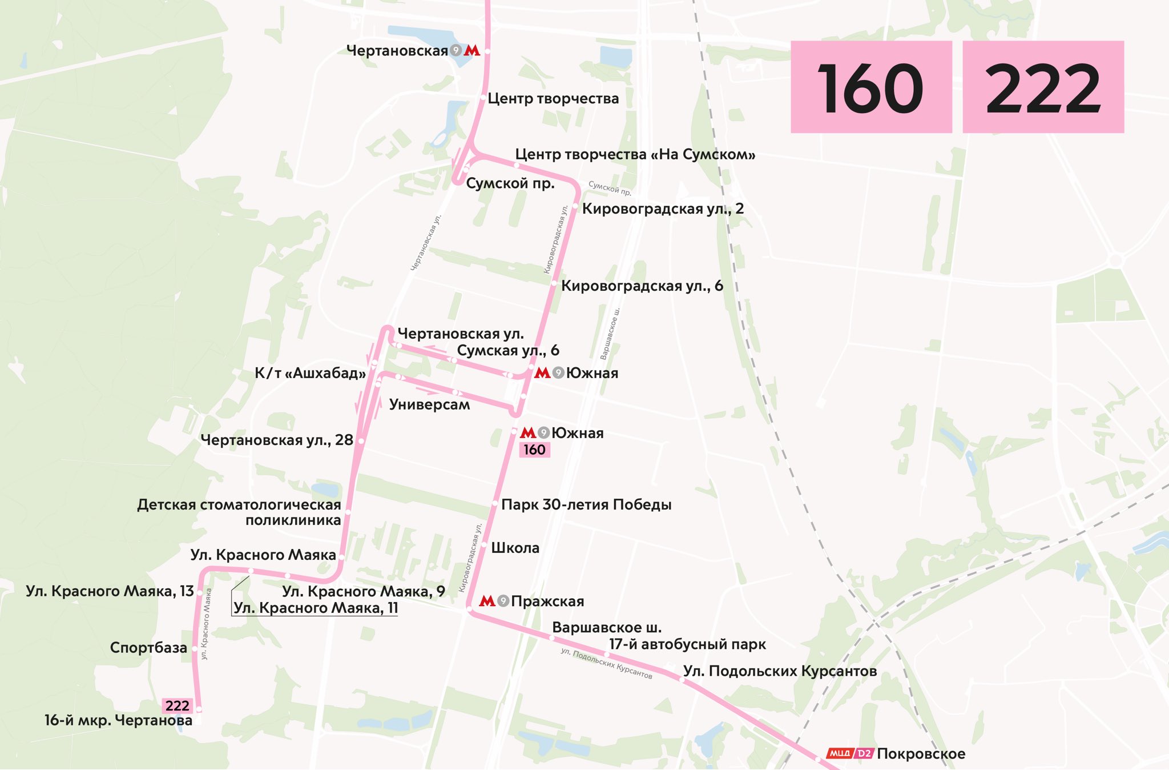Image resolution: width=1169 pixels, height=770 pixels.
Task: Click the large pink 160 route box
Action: pos(870,87)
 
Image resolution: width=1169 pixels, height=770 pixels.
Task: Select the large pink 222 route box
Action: pos(1043,87)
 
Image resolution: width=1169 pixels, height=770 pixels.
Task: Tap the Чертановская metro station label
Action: pos(397,51)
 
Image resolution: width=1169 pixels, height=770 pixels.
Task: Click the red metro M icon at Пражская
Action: pos(487,601)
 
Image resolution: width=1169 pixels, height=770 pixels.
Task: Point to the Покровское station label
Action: pos(921,754)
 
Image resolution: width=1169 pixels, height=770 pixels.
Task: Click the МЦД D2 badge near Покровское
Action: pos(850,753)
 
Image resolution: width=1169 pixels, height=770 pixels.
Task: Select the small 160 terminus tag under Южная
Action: pos(534,450)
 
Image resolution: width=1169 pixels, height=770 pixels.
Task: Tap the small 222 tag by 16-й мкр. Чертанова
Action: pos(177,705)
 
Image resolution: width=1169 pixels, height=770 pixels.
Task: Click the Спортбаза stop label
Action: pos(148,648)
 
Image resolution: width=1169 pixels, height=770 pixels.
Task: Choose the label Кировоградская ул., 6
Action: pos(642,286)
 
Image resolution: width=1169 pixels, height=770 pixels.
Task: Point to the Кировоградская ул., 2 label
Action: pos(663,208)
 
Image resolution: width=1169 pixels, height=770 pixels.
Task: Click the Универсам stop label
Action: pos(429,404)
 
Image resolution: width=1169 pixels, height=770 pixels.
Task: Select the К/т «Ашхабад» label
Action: pos(310,374)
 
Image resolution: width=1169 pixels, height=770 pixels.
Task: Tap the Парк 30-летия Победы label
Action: pos(586,505)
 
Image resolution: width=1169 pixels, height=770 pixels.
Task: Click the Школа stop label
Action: pos(515,548)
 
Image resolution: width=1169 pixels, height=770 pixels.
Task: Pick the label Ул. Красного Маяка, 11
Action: pos(316,608)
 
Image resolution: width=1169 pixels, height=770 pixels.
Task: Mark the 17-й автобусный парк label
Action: pos(687,644)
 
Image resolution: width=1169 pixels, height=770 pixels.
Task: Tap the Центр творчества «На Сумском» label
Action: pos(635,155)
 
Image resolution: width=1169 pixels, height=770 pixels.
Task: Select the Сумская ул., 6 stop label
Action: pos(508,350)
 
